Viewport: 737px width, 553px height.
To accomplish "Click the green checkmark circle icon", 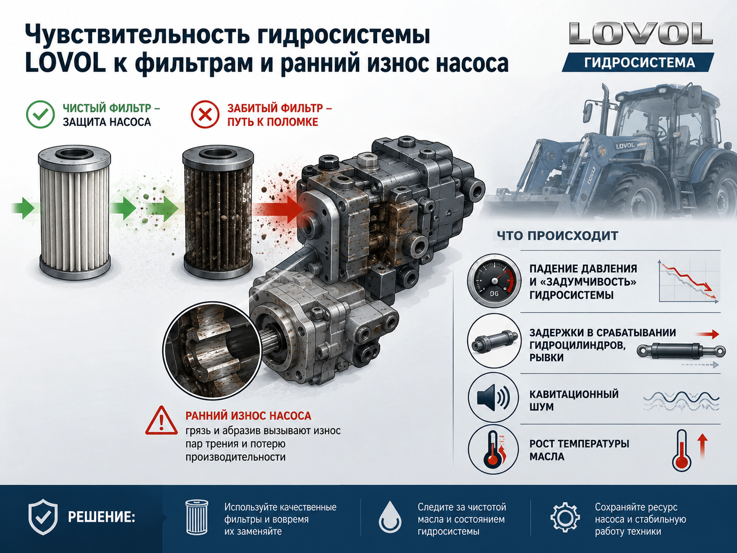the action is [x=40, y=114].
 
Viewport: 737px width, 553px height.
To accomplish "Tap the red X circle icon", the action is [x=205, y=114].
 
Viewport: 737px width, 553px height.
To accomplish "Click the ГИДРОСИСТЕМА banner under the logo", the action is [x=637, y=63].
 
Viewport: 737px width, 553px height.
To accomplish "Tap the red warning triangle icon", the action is [x=161, y=421].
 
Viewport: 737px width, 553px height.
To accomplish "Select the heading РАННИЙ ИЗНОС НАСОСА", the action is [x=248, y=416].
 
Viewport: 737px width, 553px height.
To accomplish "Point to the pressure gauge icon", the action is [x=494, y=281].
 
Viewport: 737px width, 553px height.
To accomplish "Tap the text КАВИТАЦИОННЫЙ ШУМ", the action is [x=574, y=400].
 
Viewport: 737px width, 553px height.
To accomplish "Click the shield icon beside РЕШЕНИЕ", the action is [x=43, y=517].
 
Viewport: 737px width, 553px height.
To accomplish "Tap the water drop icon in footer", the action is [x=390, y=517].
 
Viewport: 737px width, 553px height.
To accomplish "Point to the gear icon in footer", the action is [x=565, y=517].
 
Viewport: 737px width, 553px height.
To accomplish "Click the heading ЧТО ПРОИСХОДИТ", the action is [x=557, y=236].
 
